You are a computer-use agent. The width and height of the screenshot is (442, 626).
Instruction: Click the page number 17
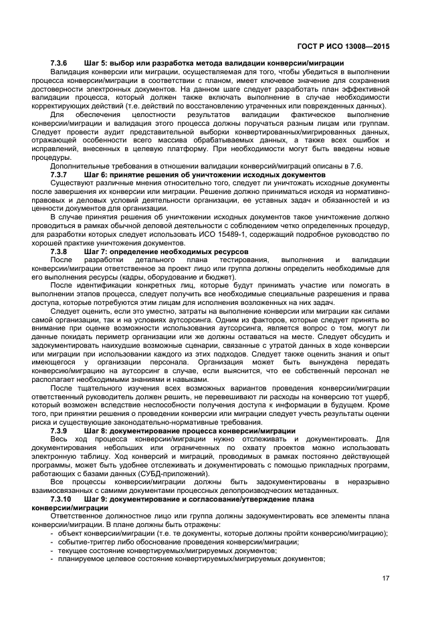[x=386, y=578]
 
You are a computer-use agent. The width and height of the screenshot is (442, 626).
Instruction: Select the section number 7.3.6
[x=60, y=63]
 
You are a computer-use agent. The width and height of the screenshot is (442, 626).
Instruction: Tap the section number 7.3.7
[x=60, y=175]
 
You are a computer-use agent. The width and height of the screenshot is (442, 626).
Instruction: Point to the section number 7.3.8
[x=60, y=251]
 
